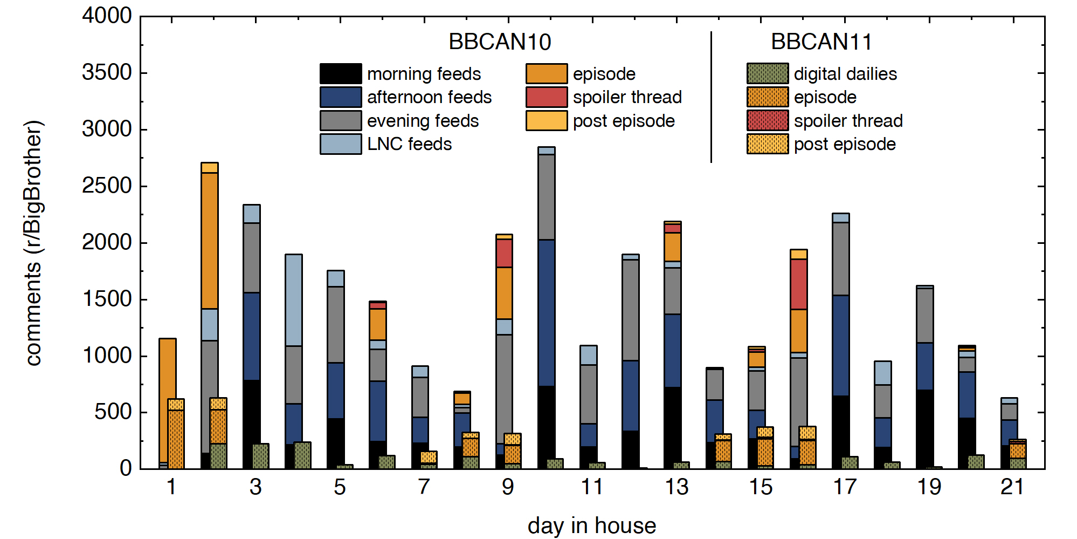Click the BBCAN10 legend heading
click(500, 42)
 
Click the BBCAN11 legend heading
click(821, 42)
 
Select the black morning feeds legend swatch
click(341, 74)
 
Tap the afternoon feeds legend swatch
click(341, 97)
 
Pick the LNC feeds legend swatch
click(341, 144)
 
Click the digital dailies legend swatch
click(768, 74)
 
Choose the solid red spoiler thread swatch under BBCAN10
click(547, 97)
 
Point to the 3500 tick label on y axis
click(107, 73)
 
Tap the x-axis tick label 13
click(676, 487)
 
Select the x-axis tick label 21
click(1012, 487)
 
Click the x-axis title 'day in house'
click(592, 526)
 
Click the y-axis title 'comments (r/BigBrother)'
click(33, 243)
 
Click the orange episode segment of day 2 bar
click(210, 240)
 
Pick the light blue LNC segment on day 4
click(294, 300)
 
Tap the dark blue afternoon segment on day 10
click(547, 313)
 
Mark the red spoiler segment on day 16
click(799, 284)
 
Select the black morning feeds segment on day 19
click(925, 429)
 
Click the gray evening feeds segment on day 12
click(631, 310)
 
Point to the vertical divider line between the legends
click(711, 97)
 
